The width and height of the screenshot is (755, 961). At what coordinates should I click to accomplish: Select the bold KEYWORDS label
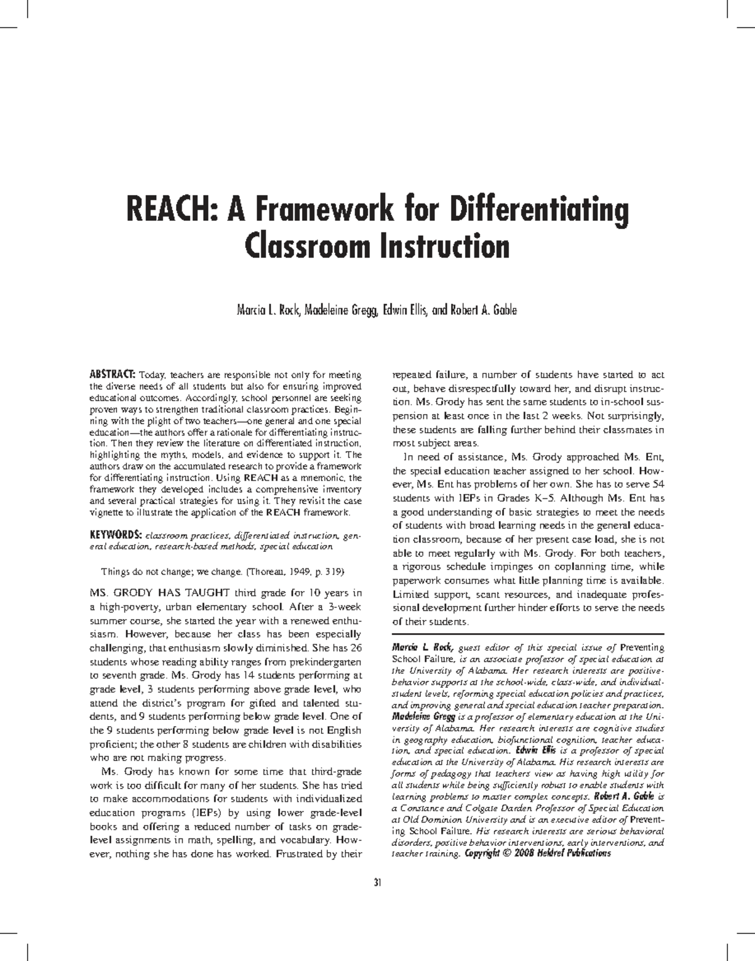115,535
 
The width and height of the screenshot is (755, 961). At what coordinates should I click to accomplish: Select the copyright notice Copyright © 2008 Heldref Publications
537,853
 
